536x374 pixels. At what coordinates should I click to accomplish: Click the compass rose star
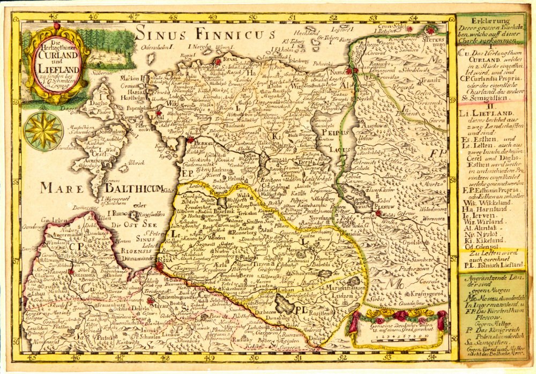click(x=43, y=131)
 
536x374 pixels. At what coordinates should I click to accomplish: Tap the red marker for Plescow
click(x=379, y=213)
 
